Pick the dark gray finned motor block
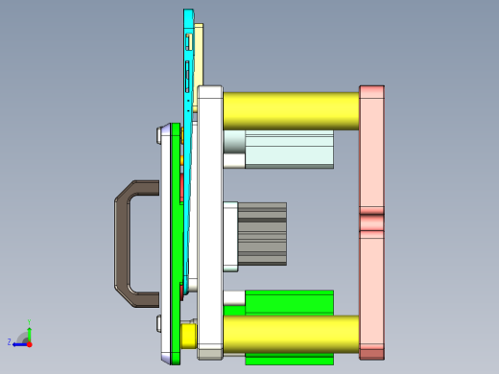point(262,233)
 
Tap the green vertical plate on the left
point(176,240)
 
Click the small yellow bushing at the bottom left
point(188,336)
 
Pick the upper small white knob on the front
point(156,136)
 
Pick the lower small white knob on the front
point(156,324)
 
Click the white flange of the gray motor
point(230,235)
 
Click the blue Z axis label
point(9,341)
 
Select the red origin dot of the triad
point(29,342)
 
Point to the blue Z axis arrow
point(18,342)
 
